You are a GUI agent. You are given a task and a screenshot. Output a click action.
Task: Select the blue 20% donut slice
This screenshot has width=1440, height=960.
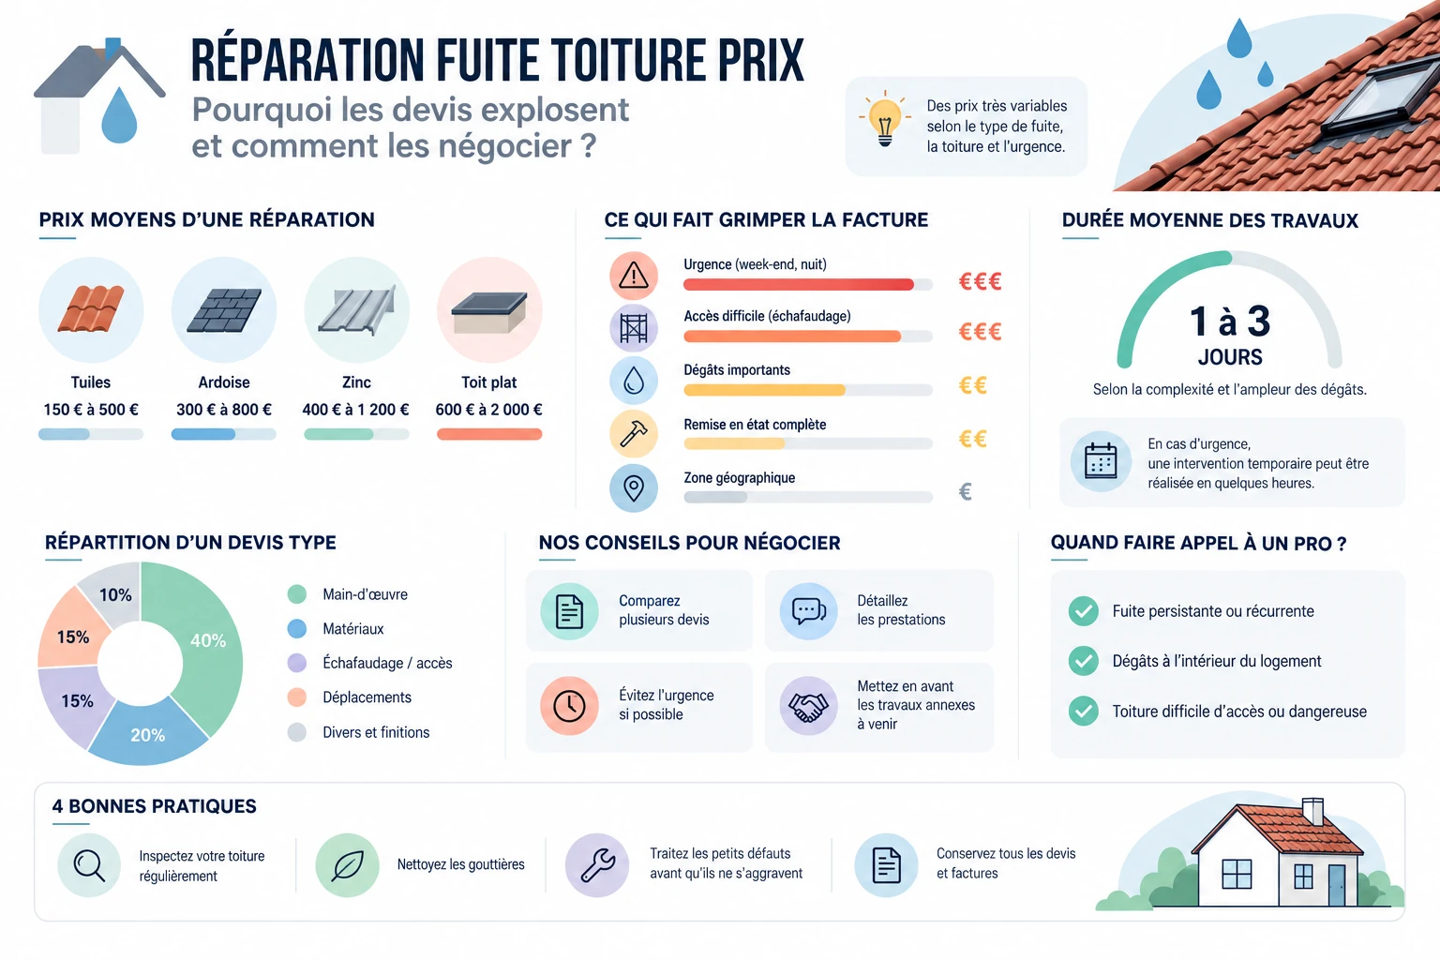(x=148, y=733)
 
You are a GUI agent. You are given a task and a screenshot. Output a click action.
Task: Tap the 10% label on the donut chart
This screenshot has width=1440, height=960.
(x=115, y=594)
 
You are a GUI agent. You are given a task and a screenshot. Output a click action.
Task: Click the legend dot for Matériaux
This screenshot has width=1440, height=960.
(x=297, y=628)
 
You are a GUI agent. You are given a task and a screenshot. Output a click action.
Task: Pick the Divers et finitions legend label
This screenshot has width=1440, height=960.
(x=376, y=732)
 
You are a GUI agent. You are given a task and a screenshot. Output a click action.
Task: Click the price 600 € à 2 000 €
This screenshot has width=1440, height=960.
(x=489, y=410)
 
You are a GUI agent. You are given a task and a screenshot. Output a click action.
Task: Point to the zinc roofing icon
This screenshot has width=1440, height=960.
(x=357, y=310)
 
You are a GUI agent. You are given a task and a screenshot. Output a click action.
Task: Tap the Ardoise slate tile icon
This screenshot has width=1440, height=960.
(x=224, y=310)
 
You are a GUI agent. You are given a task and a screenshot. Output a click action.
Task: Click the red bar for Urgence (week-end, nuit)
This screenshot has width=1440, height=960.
(x=799, y=284)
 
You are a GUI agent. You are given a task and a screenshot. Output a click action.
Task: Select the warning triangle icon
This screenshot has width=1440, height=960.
(x=634, y=276)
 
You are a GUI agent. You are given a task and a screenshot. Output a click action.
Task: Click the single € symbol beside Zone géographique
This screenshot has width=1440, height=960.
(x=965, y=492)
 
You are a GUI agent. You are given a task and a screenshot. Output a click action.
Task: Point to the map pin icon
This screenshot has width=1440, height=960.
(x=634, y=488)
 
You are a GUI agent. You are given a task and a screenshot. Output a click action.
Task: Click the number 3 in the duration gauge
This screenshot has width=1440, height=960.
(x=1258, y=321)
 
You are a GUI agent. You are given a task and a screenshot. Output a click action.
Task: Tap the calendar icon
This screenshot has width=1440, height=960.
(x=1101, y=461)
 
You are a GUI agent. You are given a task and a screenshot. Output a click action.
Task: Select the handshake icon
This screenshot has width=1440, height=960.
(x=808, y=707)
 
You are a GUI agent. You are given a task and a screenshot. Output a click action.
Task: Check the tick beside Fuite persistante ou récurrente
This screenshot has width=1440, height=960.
(x=1083, y=611)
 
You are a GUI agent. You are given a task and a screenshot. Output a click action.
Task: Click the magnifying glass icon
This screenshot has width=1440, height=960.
(x=89, y=864)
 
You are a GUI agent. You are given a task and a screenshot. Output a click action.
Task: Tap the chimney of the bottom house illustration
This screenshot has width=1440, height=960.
(x=1312, y=812)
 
